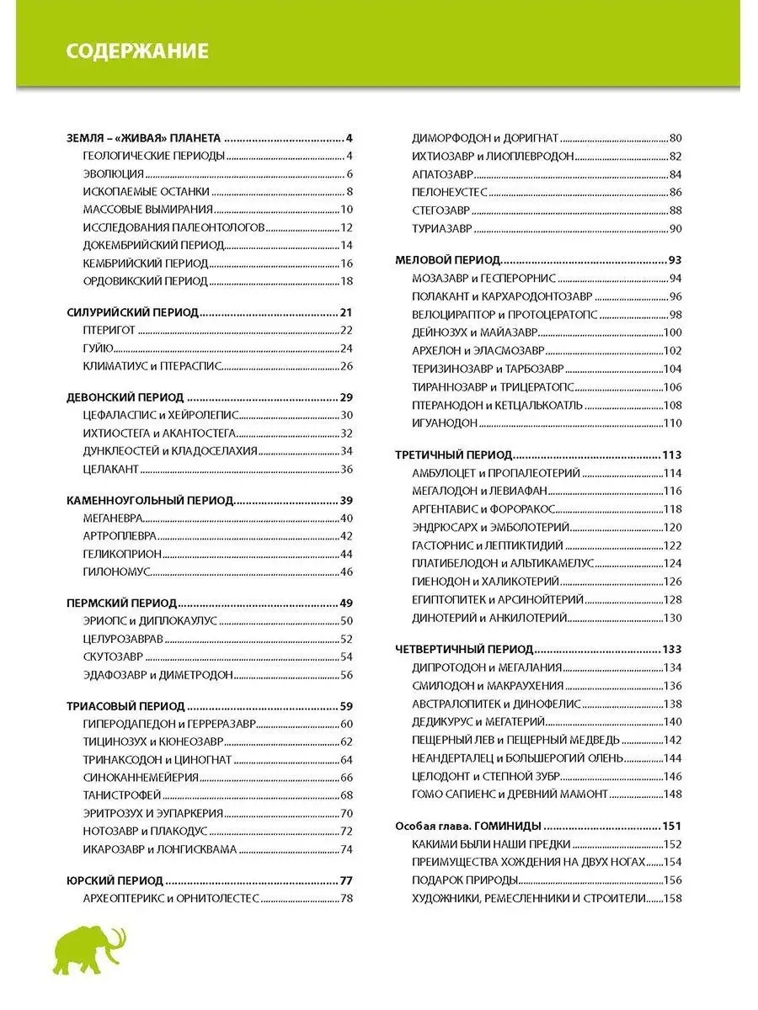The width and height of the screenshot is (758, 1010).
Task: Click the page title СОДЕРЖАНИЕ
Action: tap(137, 51)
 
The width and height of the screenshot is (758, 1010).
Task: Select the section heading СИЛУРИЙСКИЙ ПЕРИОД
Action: tap(132, 312)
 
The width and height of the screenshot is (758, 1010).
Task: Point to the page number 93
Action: tap(674, 260)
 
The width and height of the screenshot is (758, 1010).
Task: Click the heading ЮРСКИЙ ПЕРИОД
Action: tap(115, 880)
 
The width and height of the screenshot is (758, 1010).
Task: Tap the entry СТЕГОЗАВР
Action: tap(440, 210)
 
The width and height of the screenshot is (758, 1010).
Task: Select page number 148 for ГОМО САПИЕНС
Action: tap(672, 794)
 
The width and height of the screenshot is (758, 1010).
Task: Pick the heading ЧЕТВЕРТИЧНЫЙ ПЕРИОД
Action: tap(464, 649)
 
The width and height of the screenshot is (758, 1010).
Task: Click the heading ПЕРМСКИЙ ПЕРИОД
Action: tap(121, 603)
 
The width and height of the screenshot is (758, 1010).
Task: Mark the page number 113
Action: tap(672, 454)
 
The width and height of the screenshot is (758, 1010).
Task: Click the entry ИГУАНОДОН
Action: tap(445, 423)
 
